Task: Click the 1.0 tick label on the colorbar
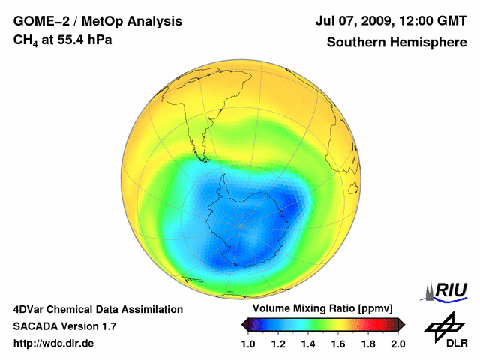(x=248, y=343)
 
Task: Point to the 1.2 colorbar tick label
(x=278, y=343)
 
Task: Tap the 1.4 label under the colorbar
(x=308, y=343)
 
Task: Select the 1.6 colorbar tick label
(x=338, y=343)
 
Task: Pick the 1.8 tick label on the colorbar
(x=368, y=343)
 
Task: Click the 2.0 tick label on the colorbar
(x=397, y=343)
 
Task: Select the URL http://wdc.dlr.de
(x=54, y=343)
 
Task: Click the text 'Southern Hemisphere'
(x=397, y=42)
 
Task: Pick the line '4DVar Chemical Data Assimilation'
(x=97, y=309)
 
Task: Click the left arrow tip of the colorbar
(x=244, y=324)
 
